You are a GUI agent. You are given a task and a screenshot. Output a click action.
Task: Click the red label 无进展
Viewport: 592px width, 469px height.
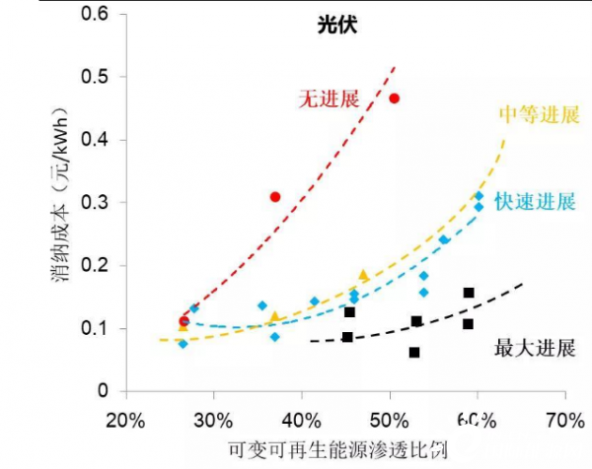click(328, 99)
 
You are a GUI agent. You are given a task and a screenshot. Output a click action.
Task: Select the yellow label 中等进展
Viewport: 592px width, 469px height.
click(538, 114)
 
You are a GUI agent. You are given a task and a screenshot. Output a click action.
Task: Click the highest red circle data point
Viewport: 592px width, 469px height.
click(395, 99)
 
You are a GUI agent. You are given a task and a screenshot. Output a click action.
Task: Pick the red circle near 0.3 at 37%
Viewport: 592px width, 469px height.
click(275, 197)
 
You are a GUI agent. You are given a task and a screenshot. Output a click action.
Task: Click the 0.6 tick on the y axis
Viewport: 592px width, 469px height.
click(100, 14)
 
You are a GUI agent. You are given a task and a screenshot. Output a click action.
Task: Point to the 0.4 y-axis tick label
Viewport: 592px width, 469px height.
click(100, 140)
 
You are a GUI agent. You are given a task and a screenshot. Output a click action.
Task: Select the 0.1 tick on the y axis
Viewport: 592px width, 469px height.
click(100, 328)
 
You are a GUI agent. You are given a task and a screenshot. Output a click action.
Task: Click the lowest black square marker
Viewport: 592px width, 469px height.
click(414, 352)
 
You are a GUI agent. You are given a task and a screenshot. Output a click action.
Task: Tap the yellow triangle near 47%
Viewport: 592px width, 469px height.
click(363, 275)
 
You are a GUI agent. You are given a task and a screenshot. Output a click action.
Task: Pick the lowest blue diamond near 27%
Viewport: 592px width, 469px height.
click(183, 343)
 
